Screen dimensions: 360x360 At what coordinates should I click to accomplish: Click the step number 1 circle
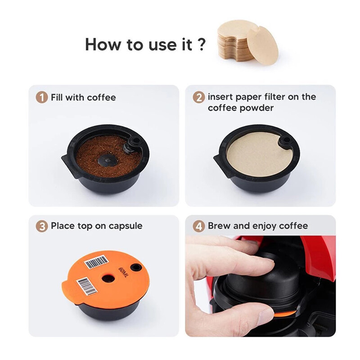click(42, 98)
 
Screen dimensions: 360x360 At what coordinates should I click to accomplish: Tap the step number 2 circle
click(199, 98)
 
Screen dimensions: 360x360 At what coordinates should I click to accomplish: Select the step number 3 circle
click(42, 226)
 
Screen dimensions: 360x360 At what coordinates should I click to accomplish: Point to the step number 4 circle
click(199, 226)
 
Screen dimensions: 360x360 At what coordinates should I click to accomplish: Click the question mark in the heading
click(201, 45)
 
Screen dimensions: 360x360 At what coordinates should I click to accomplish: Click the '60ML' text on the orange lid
click(123, 273)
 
